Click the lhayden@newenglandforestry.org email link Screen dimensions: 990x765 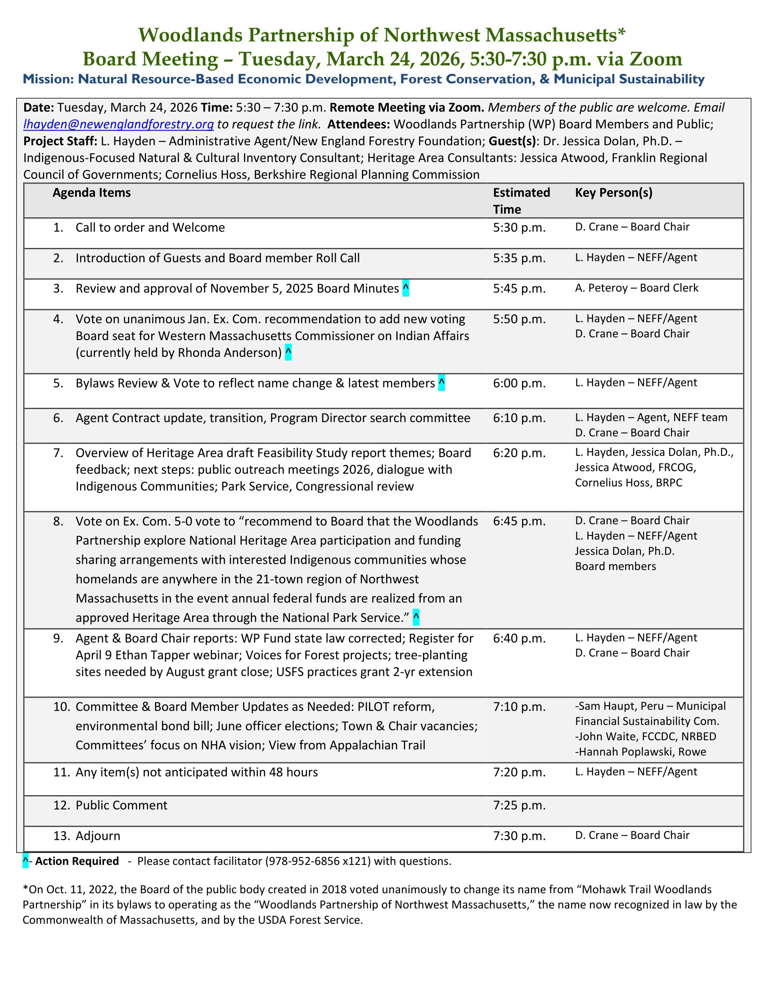click(x=118, y=124)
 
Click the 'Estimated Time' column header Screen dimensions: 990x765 click(x=521, y=201)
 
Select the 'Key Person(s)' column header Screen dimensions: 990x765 click(x=614, y=193)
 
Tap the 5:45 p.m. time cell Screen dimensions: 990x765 click(x=519, y=289)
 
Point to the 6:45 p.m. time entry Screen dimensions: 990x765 click(x=519, y=521)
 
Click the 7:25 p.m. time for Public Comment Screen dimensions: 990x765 click(x=519, y=805)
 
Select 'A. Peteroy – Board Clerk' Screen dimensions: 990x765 click(x=637, y=288)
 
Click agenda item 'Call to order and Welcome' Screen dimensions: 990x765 click(x=150, y=227)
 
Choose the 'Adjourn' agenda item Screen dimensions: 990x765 click(x=98, y=836)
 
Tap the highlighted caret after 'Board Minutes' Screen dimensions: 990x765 click(x=405, y=288)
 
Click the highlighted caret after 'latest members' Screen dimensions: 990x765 click(x=441, y=383)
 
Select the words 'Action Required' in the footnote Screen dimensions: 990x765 click(x=77, y=861)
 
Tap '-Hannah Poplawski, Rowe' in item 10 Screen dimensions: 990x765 click(x=640, y=752)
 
